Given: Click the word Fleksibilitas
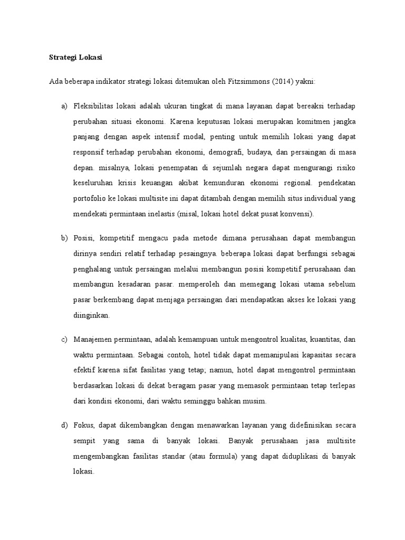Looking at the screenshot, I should (x=95, y=107).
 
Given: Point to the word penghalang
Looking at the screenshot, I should (x=94, y=269).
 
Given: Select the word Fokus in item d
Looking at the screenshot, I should (x=84, y=425).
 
